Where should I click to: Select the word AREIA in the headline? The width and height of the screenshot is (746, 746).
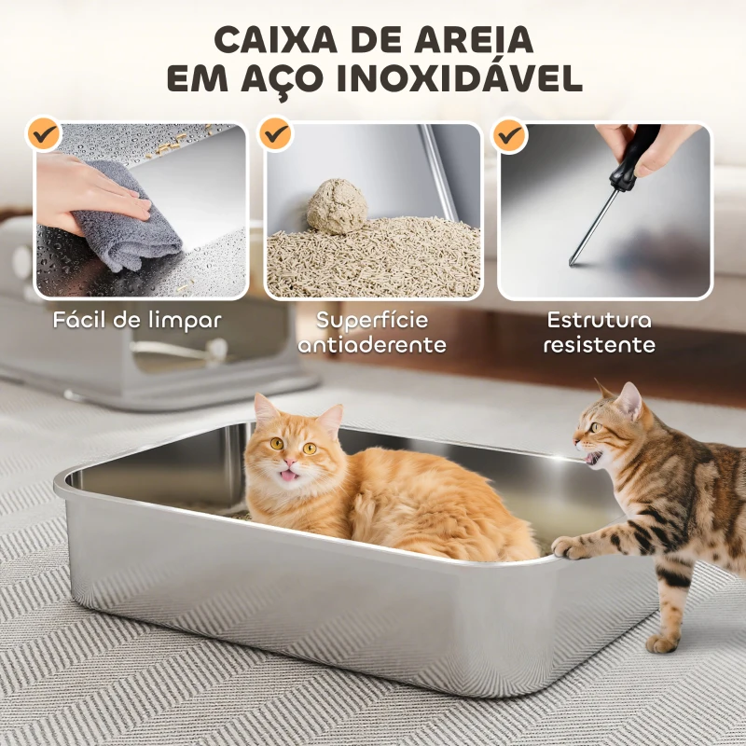click(x=474, y=40)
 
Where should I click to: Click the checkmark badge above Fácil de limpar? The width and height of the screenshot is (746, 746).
click(x=44, y=134)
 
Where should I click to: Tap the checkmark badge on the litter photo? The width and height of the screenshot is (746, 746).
click(x=276, y=134)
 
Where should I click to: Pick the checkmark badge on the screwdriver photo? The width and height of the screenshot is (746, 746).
click(x=509, y=135)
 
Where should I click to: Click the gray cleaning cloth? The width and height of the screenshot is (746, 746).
click(x=125, y=216)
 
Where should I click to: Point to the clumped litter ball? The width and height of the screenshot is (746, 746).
click(x=337, y=206)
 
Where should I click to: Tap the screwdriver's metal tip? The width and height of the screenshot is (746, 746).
click(x=573, y=262)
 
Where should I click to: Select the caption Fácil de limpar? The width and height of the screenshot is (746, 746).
click(x=137, y=320)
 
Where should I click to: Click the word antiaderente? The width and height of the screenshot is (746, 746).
click(x=372, y=345)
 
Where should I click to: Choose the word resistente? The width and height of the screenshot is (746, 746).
click(x=599, y=345)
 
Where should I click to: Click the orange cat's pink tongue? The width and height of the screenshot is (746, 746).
click(x=288, y=476)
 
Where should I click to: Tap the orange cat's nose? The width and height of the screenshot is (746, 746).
click(x=289, y=462)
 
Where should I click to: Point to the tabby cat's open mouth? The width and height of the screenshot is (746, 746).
click(x=591, y=457)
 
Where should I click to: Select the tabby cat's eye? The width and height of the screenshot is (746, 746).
click(x=595, y=427)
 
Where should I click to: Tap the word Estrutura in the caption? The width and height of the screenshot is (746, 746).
click(x=599, y=320)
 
